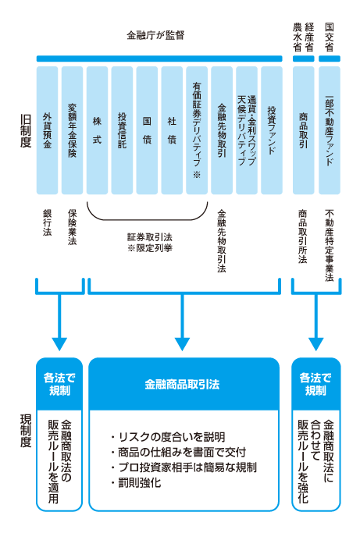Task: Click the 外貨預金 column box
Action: pos(48,130)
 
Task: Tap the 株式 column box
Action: pos(97,130)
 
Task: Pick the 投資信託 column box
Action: pos(122,130)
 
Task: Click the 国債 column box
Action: pos(147,130)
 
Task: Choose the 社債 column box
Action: pos(172,130)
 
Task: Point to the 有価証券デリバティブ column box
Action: pos(197,130)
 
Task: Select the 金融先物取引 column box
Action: pos(222,130)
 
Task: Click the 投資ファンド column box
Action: pos(271,130)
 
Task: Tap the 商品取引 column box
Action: pos(303,130)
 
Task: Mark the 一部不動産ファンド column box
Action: pos(329,130)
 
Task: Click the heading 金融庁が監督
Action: pos(159,36)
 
